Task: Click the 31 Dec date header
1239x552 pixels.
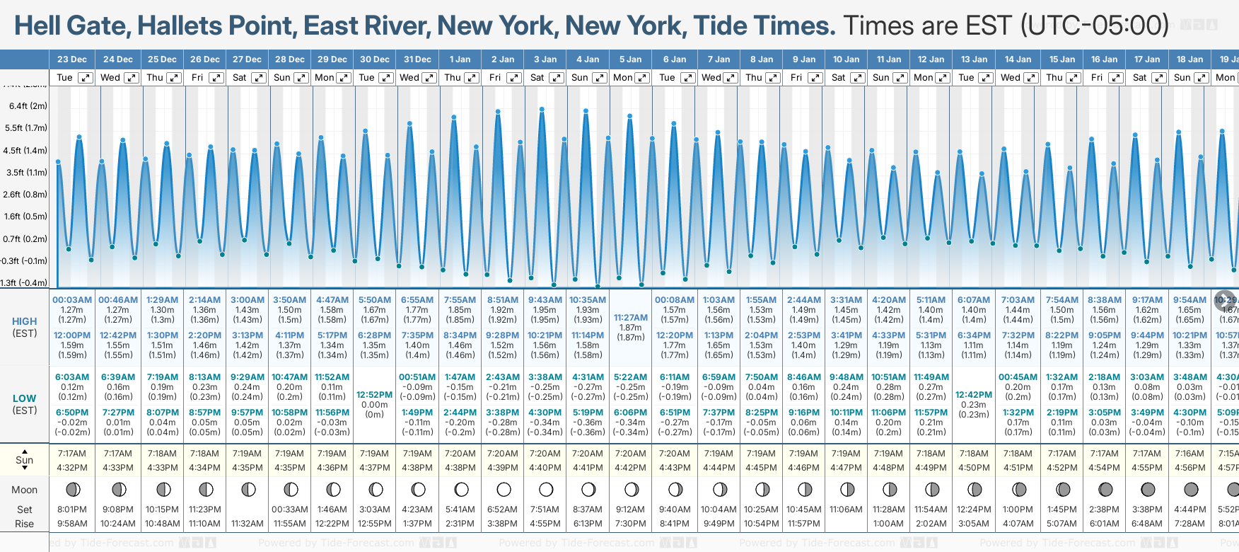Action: tap(417, 59)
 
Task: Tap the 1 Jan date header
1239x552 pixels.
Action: tap(460, 59)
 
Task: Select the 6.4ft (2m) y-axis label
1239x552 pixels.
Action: tap(28, 106)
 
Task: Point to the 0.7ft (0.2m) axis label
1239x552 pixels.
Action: tap(25, 238)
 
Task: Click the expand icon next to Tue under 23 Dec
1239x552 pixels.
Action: tap(85, 78)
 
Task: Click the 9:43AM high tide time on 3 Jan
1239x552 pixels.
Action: tap(545, 300)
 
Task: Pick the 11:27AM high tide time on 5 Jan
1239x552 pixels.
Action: tap(630, 318)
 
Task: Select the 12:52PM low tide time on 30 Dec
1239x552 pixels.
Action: tap(374, 395)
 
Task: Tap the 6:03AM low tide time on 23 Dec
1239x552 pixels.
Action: tap(72, 377)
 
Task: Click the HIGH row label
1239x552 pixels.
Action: tap(25, 321)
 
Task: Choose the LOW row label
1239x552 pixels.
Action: tap(25, 398)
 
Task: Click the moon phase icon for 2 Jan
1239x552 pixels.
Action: tap(504, 489)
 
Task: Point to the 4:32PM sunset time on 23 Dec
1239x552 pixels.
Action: tap(72, 468)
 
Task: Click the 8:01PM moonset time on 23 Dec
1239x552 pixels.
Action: tap(72, 510)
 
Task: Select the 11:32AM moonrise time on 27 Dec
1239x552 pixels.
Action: tap(247, 524)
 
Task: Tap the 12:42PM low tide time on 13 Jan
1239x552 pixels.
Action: tap(974, 395)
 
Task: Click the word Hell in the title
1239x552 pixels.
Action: tap(39, 26)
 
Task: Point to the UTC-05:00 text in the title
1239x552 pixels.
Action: tap(1094, 26)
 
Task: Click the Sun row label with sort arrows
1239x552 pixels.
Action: tap(25, 460)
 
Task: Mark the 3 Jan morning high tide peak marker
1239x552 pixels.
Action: tap(542, 110)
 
